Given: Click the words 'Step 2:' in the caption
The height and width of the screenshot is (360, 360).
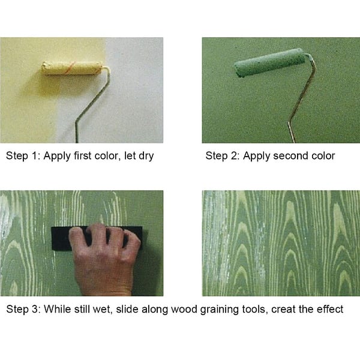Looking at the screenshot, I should point(223,156).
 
